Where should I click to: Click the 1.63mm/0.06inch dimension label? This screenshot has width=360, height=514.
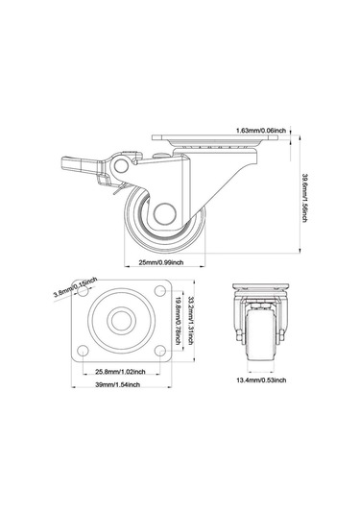coord(261,131)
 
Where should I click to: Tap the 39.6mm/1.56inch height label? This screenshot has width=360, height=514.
coord(304,198)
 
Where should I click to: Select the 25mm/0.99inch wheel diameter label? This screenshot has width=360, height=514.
coord(161,262)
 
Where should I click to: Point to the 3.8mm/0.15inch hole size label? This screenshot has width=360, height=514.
coord(75,287)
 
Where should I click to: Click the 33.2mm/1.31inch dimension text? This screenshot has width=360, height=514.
coord(190,321)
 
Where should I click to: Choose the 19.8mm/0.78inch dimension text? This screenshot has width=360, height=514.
coord(179,321)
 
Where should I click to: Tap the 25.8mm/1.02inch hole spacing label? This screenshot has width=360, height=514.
coord(120,372)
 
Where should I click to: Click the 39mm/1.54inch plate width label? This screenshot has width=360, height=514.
coord(117,384)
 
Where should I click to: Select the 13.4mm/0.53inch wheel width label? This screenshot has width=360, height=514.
coord(261,380)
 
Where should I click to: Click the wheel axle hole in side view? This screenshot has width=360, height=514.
coord(165,214)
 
